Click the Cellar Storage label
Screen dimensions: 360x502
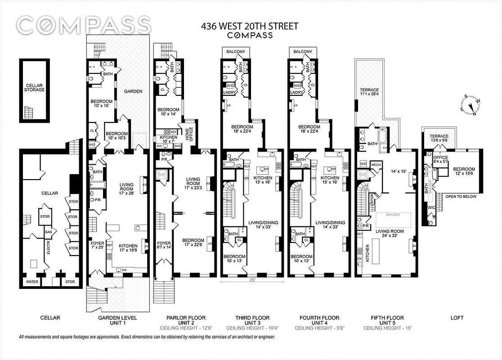click(x=35, y=87)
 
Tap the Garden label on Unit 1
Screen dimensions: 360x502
click(x=133, y=91)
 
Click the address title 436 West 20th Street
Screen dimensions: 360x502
click(x=250, y=26)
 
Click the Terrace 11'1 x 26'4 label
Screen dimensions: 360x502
click(x=369, y=92)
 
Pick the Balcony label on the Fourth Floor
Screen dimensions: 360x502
click(x=302, y=52)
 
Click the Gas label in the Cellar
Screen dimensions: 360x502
click(x=48, y=232)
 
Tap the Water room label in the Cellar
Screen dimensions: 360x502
click(x=32, y=282)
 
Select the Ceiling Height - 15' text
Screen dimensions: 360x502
click(x=387, y=328)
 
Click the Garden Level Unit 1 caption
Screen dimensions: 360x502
click(x=118, y=320)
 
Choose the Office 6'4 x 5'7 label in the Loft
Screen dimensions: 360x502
click(x=440, y=160)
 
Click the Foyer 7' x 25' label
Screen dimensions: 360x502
click(x=97, y=246)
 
